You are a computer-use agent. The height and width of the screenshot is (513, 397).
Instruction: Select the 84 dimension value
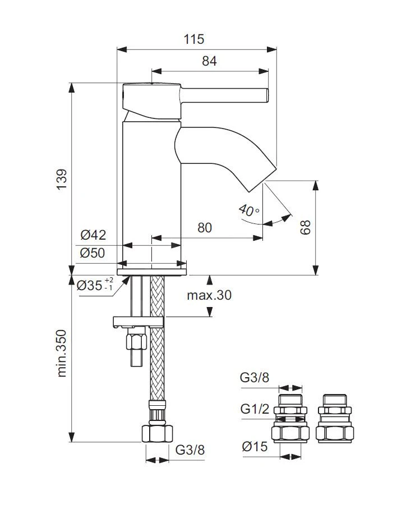209,61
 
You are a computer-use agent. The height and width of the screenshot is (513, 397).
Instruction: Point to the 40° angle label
248,210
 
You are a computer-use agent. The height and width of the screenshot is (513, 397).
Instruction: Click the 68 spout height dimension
305,227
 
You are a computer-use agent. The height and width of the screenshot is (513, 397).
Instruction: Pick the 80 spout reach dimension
205,228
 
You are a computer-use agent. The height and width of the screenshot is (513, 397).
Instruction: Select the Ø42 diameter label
93,235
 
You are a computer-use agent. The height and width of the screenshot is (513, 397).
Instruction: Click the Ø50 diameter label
93,253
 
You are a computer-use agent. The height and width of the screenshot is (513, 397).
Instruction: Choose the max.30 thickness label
209,295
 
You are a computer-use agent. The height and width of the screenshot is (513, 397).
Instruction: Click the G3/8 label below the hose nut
190,450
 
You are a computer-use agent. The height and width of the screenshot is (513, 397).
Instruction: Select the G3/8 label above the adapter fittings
255,378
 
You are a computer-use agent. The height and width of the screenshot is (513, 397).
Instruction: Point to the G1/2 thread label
255,409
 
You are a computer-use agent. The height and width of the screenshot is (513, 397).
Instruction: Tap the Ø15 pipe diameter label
255,447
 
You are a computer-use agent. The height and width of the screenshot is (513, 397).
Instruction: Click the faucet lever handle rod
224,95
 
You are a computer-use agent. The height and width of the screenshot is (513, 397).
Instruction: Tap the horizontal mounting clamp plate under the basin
138,322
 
